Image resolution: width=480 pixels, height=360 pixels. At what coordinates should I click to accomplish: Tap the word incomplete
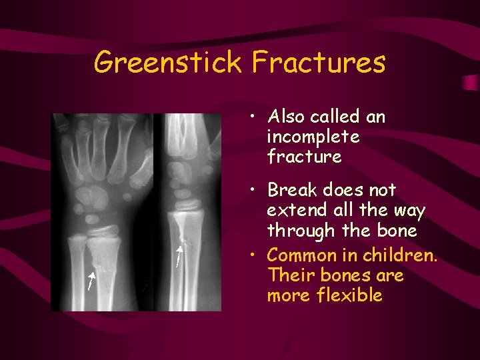[313, 137]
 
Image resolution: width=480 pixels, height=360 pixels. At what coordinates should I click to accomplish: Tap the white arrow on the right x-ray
[178, 256]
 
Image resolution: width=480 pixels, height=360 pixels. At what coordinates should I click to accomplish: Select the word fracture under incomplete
[304, 157]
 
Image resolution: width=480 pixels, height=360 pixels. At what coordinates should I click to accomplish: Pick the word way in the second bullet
[408, 211]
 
